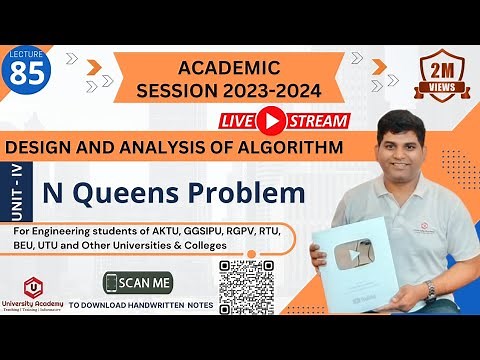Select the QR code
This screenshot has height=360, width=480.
(246, 288)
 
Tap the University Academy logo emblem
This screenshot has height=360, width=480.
(37, 288)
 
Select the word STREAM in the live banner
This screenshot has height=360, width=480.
(317, 121)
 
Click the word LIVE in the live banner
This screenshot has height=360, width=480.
(238, 121)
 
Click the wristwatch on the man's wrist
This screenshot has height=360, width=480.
(431, 290)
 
